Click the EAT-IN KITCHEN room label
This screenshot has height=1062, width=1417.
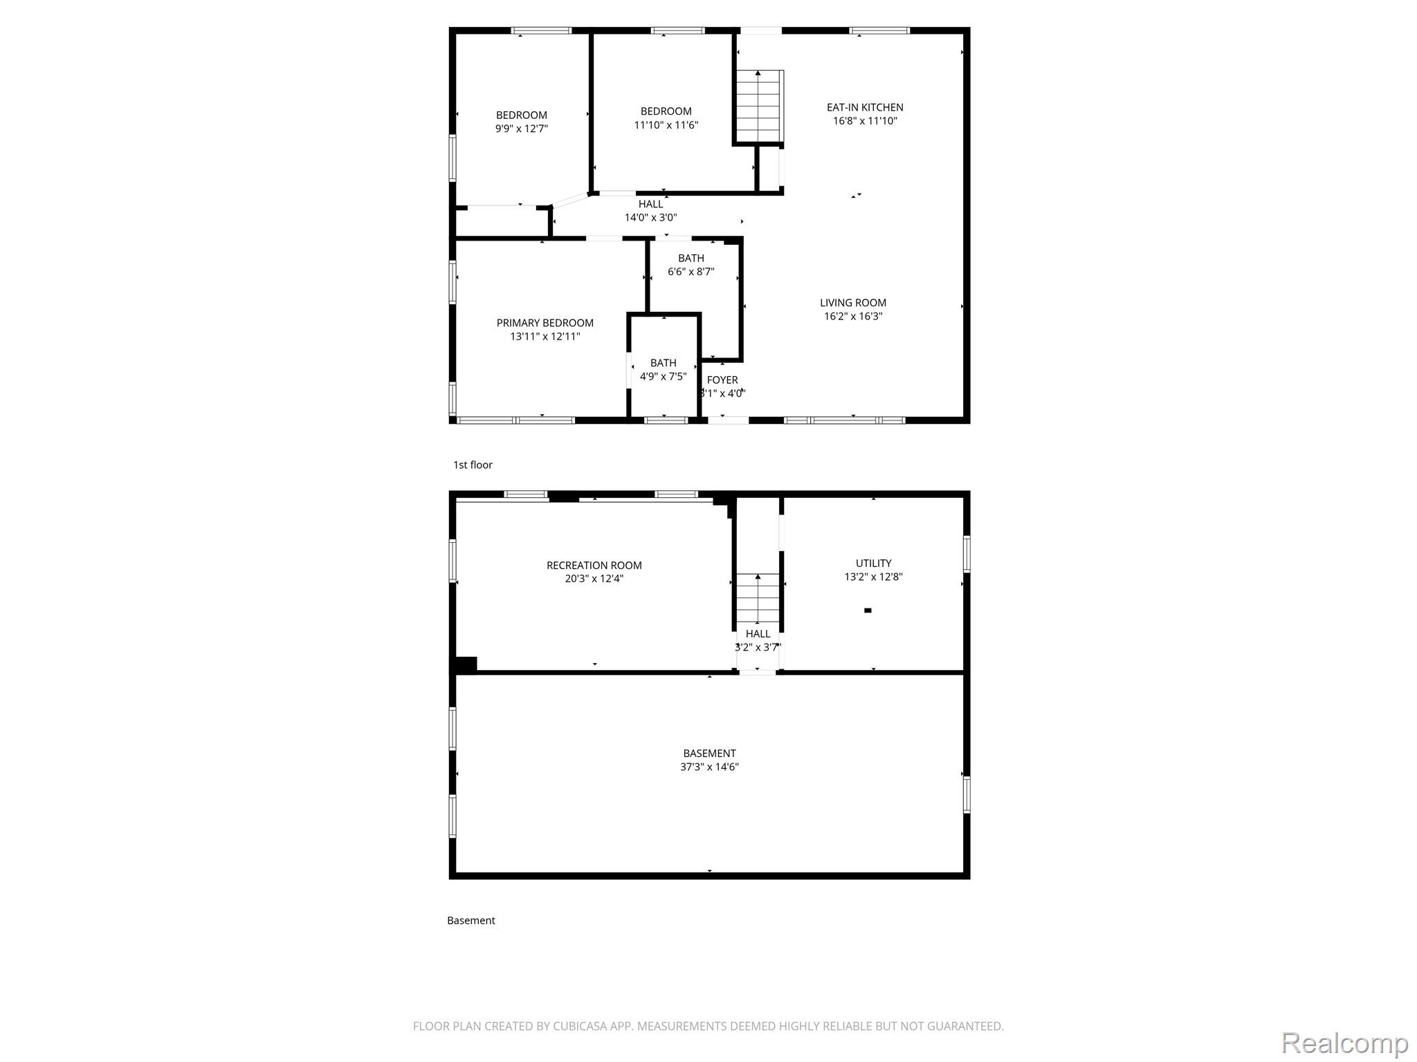pyautogui.click(x=865, y=107)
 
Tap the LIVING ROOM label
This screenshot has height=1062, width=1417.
pyautogui.click(x=853, y=303)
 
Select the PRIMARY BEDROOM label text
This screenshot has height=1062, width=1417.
pyautogui.click(x=545, y=323)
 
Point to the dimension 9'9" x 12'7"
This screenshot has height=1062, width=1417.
pyautogui.click(x=522, y=129)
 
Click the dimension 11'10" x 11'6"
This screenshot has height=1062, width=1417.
pyautogui.click(x=666, y=125)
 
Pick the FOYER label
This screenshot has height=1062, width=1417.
pyautogui.click(x=722, y=380)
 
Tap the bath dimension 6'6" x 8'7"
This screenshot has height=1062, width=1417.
pyautogui.click(x=691, y=272)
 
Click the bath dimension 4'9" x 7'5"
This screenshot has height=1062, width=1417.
pyautogui.click(x=664, y=377)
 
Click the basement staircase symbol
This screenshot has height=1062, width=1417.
pyautogui.click(x=758, y=598)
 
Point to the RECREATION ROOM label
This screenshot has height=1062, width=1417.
pyautogui.click(x=594, y=566)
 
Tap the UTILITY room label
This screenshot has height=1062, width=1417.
pyautogui.click(x=874, y=563)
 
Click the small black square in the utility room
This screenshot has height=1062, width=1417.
pyautogui.click(x=868, y=611)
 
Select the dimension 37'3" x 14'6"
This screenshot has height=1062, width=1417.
pyautogui.click(x=710, y=767)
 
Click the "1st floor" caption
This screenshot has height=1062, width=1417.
pyautogui.click(x=473, y=465)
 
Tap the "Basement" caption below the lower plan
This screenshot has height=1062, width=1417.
pyautogui.click(x=471, y=921)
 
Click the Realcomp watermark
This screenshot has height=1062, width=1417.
pyautogui.click(x=1344, y=1043)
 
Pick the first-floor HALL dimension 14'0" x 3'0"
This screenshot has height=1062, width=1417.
pyautogui.click(x=651, y=218)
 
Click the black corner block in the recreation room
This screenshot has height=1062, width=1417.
pyautogui.click(x=465, y=664)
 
